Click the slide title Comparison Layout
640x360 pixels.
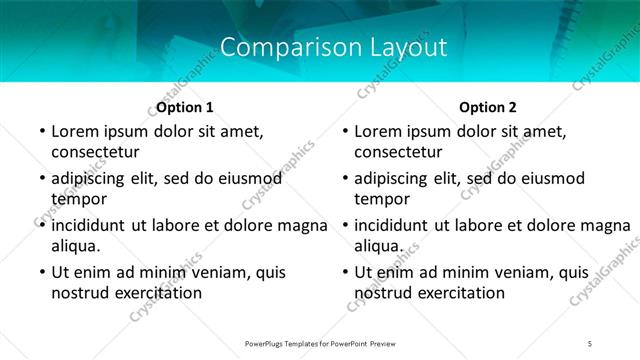(333, 47)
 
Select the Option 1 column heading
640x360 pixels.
(185, 106)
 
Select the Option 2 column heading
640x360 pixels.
(488, 106)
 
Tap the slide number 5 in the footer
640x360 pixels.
(590, 344)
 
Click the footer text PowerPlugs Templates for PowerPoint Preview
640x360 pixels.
(320, 344)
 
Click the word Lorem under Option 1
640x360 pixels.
(75, 131)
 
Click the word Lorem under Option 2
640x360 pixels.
(378, 131)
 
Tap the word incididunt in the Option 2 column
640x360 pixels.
(399, 225)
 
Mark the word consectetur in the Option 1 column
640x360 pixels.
(95, 152)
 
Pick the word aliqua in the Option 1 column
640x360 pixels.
(75, 246)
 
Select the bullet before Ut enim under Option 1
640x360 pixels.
(40, 272)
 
